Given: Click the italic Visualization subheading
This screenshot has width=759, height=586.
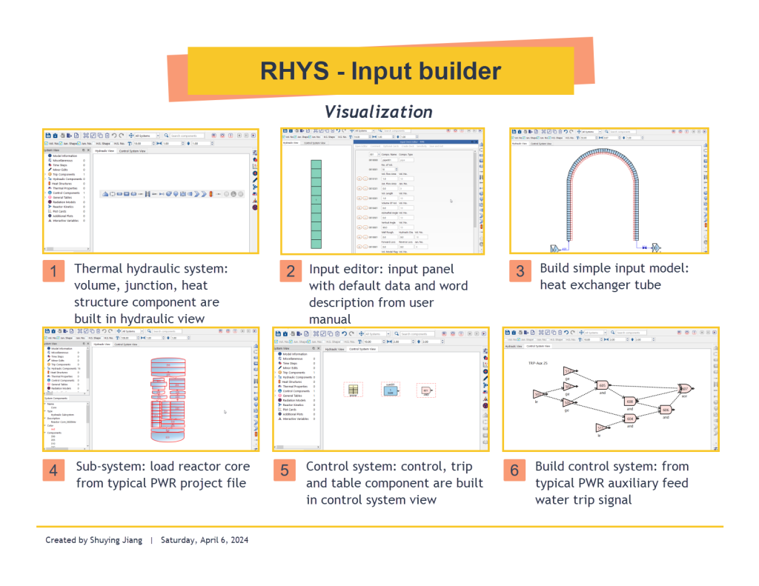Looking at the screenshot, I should pos(378,112).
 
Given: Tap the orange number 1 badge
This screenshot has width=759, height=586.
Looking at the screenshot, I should pos(52,271).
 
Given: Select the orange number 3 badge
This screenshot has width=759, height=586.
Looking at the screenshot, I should pos(519,271).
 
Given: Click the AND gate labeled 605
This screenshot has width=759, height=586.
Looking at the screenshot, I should pos(602,385).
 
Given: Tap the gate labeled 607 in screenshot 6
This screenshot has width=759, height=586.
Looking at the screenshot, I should pos(684,388).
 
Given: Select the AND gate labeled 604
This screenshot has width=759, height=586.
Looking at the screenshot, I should pos(630,419).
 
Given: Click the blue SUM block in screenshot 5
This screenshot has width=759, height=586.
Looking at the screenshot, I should pos(390,390).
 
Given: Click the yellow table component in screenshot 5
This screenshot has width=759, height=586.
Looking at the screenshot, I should pos(354,390).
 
